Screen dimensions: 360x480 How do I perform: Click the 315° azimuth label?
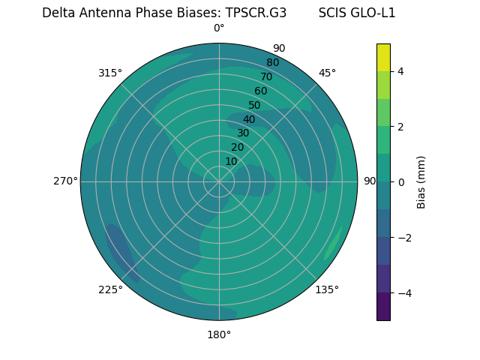tap(110, 73)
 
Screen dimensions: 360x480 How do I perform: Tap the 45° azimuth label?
tap(327, 73)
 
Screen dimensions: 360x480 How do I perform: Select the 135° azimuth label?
tap(327, 289)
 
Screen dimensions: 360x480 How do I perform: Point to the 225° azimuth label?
tap(110, 289)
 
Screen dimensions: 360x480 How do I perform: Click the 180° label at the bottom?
tap(219, 334)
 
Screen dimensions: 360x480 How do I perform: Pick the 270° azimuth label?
tap(65, 181)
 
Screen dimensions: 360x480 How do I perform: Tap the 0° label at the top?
tap(219, 28)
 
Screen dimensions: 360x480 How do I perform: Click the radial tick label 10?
tap(232, 161)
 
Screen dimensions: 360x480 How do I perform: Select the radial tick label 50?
tap(255, 105)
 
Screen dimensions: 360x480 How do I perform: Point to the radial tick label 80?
tap(273, 62)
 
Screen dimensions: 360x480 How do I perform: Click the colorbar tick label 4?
tap(401, 71)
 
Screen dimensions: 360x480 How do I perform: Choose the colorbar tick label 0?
tap(401, 182)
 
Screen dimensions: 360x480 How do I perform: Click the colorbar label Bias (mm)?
tap(421, 181)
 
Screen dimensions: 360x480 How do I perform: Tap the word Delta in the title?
tap(58, 13)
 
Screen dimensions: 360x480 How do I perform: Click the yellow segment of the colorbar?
tap(383, 57)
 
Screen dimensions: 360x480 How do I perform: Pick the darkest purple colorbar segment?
tap(383, 306)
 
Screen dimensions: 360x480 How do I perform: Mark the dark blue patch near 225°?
tap(121, 251)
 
